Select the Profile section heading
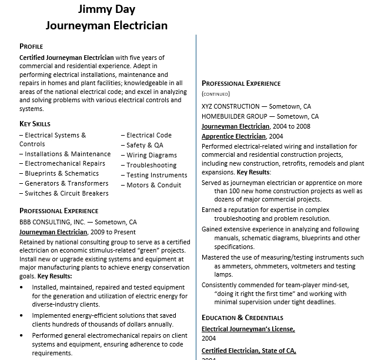(31, 46)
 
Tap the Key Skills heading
(35, 124)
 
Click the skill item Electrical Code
(149, 135)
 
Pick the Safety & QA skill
(145, 145)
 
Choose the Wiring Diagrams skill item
(151, 155)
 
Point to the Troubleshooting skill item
(151, 165)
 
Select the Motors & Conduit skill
(153, 185)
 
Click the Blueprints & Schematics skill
(62, 173)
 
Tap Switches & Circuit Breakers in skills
(66, 193)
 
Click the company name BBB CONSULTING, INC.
(52, 223)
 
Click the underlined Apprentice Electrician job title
(233, 136)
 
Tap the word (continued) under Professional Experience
(216, 93)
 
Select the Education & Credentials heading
(242, 318)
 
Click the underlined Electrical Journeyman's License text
(248, 329)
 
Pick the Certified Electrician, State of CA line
(249, 351)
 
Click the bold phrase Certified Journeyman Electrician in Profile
(66, 58)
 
